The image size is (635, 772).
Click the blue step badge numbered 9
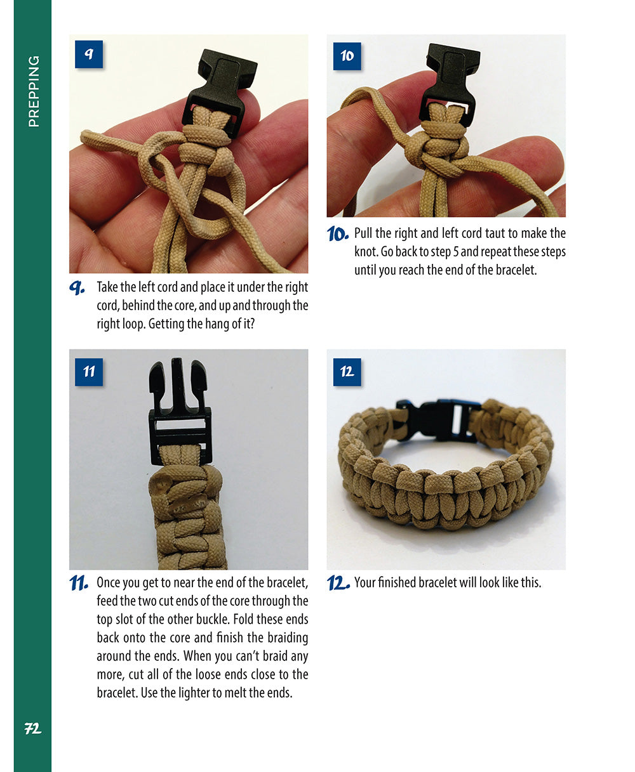click(88, 55)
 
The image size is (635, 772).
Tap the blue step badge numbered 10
click(347, 56)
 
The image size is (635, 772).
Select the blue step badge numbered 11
click(88, 372)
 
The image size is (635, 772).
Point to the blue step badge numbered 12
click(347, 372)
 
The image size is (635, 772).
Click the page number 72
click(32, 729)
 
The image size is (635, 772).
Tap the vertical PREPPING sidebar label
click(33, 91)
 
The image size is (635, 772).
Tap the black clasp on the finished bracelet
click(438, 419)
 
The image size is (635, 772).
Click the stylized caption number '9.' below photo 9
click(77, 288)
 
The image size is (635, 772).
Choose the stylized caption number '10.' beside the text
click(337, 234)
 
